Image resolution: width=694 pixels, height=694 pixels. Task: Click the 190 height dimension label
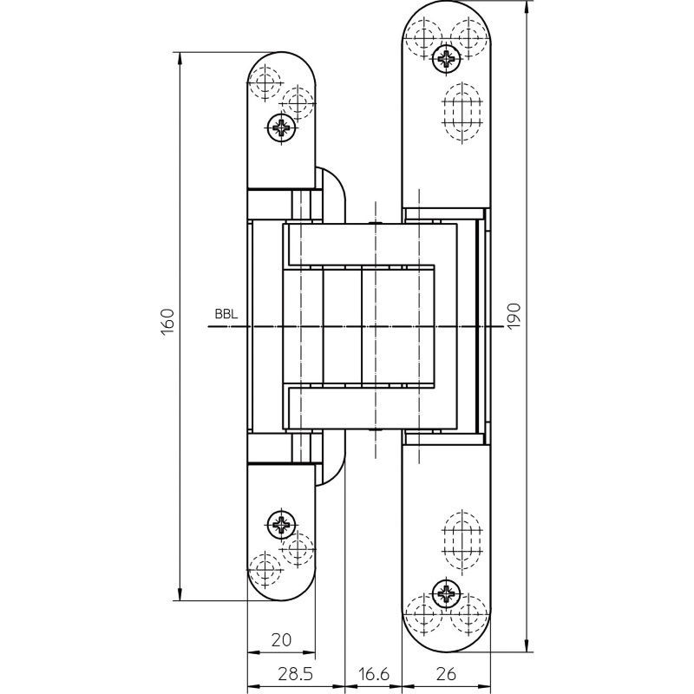[514, 316]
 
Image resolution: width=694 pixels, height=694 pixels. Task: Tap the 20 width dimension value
[281, 640]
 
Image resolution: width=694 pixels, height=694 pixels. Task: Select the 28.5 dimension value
[295, 674]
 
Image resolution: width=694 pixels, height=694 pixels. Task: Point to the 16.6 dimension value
[374, 674]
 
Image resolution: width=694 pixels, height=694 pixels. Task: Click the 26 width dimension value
[446, 674]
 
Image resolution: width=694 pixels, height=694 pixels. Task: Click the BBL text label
[226, 314]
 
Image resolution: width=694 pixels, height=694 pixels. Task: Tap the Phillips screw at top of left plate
[281, 128]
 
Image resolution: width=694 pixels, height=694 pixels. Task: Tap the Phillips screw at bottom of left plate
[281, 525]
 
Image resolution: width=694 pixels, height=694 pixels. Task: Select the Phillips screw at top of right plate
[446, 57]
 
